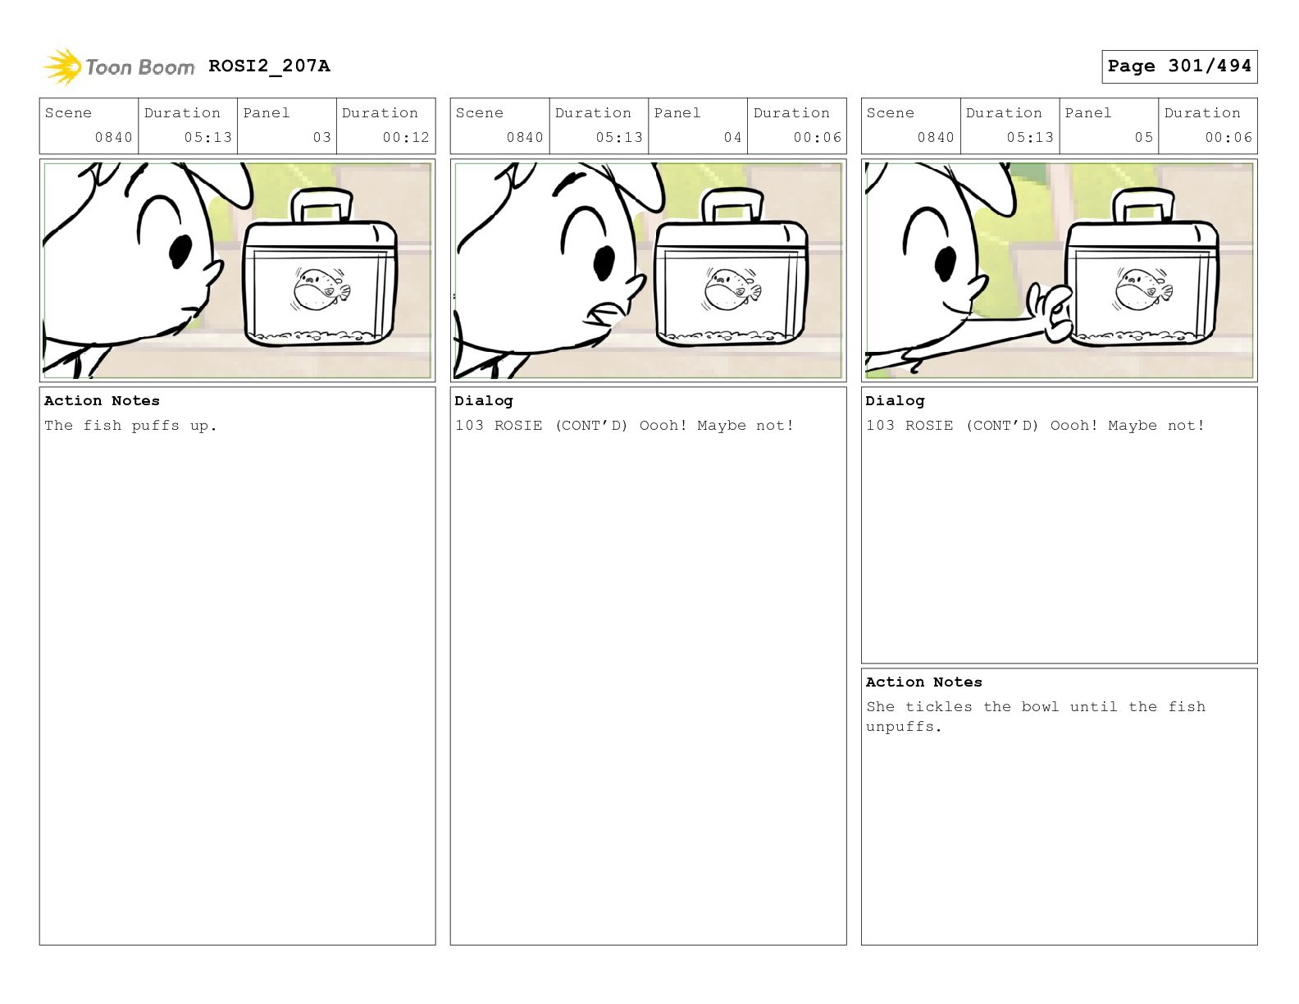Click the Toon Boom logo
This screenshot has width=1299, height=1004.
[119, 66]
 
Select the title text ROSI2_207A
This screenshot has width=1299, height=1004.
[269, 66]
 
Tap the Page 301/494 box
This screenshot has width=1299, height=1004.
[1178, 66]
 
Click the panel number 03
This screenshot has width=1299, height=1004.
[321, 138]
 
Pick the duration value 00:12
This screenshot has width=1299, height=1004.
[406, 138]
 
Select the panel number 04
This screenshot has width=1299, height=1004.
[732, 138]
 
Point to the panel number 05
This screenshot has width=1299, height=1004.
[1143, 138]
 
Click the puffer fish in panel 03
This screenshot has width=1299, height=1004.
[321, 290]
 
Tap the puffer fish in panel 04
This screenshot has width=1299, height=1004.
[732, 290]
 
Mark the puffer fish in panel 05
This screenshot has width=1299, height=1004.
[1143, 290]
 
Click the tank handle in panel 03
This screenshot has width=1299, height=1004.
[321, 205]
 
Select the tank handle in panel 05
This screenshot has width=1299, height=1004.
[1143, 205]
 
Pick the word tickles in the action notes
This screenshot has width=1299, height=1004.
[938, 707]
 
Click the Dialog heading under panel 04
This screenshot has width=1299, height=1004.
[484, 401]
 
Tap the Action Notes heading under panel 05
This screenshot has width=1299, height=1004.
[923, 682]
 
